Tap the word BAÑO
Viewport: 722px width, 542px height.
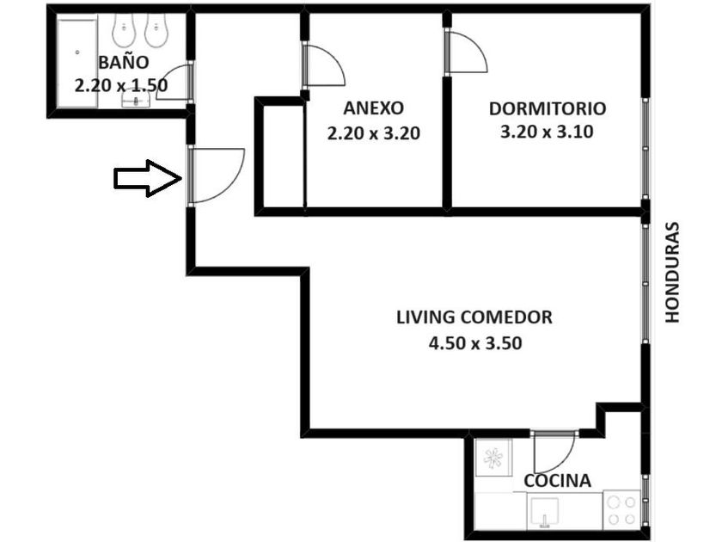pos(125,62)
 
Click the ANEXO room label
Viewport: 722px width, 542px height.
pos(372,109)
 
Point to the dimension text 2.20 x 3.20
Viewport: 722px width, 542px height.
pos(372,133)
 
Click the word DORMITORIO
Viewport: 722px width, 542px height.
pos(547,109)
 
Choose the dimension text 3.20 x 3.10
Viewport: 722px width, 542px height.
pos(547,132)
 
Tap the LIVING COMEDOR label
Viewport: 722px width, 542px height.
pos(474,317)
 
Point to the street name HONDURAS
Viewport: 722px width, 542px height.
pos(672,273)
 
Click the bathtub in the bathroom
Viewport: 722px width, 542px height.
pos(76,64)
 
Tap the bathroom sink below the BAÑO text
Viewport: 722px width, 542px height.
pos(136,102)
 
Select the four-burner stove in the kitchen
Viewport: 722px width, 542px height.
pos(620,509)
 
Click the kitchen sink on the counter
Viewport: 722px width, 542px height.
pos(545,514)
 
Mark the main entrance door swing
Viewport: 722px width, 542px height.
pos(215,175)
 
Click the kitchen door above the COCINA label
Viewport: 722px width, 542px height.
pos(553,451)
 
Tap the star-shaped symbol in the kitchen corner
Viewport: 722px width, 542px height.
pos(494,459)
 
